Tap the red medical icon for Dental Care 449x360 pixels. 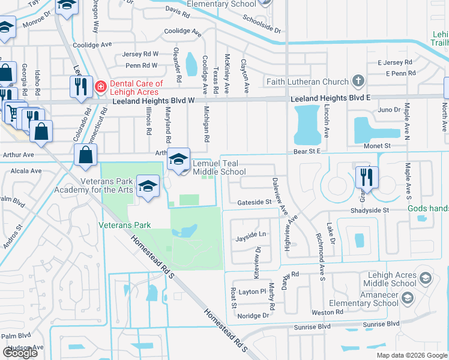click(100, 88)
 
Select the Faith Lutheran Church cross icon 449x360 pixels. click(358, 81)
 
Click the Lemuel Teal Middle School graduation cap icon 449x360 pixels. click(178, 159)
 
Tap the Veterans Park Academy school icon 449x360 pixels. click(147, 185)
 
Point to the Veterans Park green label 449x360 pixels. click(125, 225)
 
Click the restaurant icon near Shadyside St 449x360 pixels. click(366, 177)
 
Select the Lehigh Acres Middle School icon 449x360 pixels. click(425, 278)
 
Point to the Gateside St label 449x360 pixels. click(254, 203)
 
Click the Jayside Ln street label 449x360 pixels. click(250, 234)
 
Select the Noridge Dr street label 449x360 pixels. click(253, 316)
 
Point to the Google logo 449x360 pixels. click(20, 353)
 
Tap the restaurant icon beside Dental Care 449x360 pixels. click(80, 87)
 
